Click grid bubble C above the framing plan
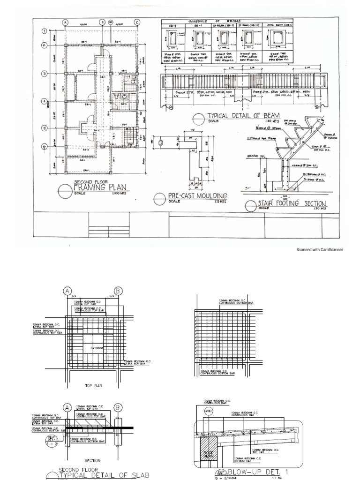tap(137, 22)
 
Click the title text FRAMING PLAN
tap(101, 188)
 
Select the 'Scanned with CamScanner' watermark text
tap(319, 250)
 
